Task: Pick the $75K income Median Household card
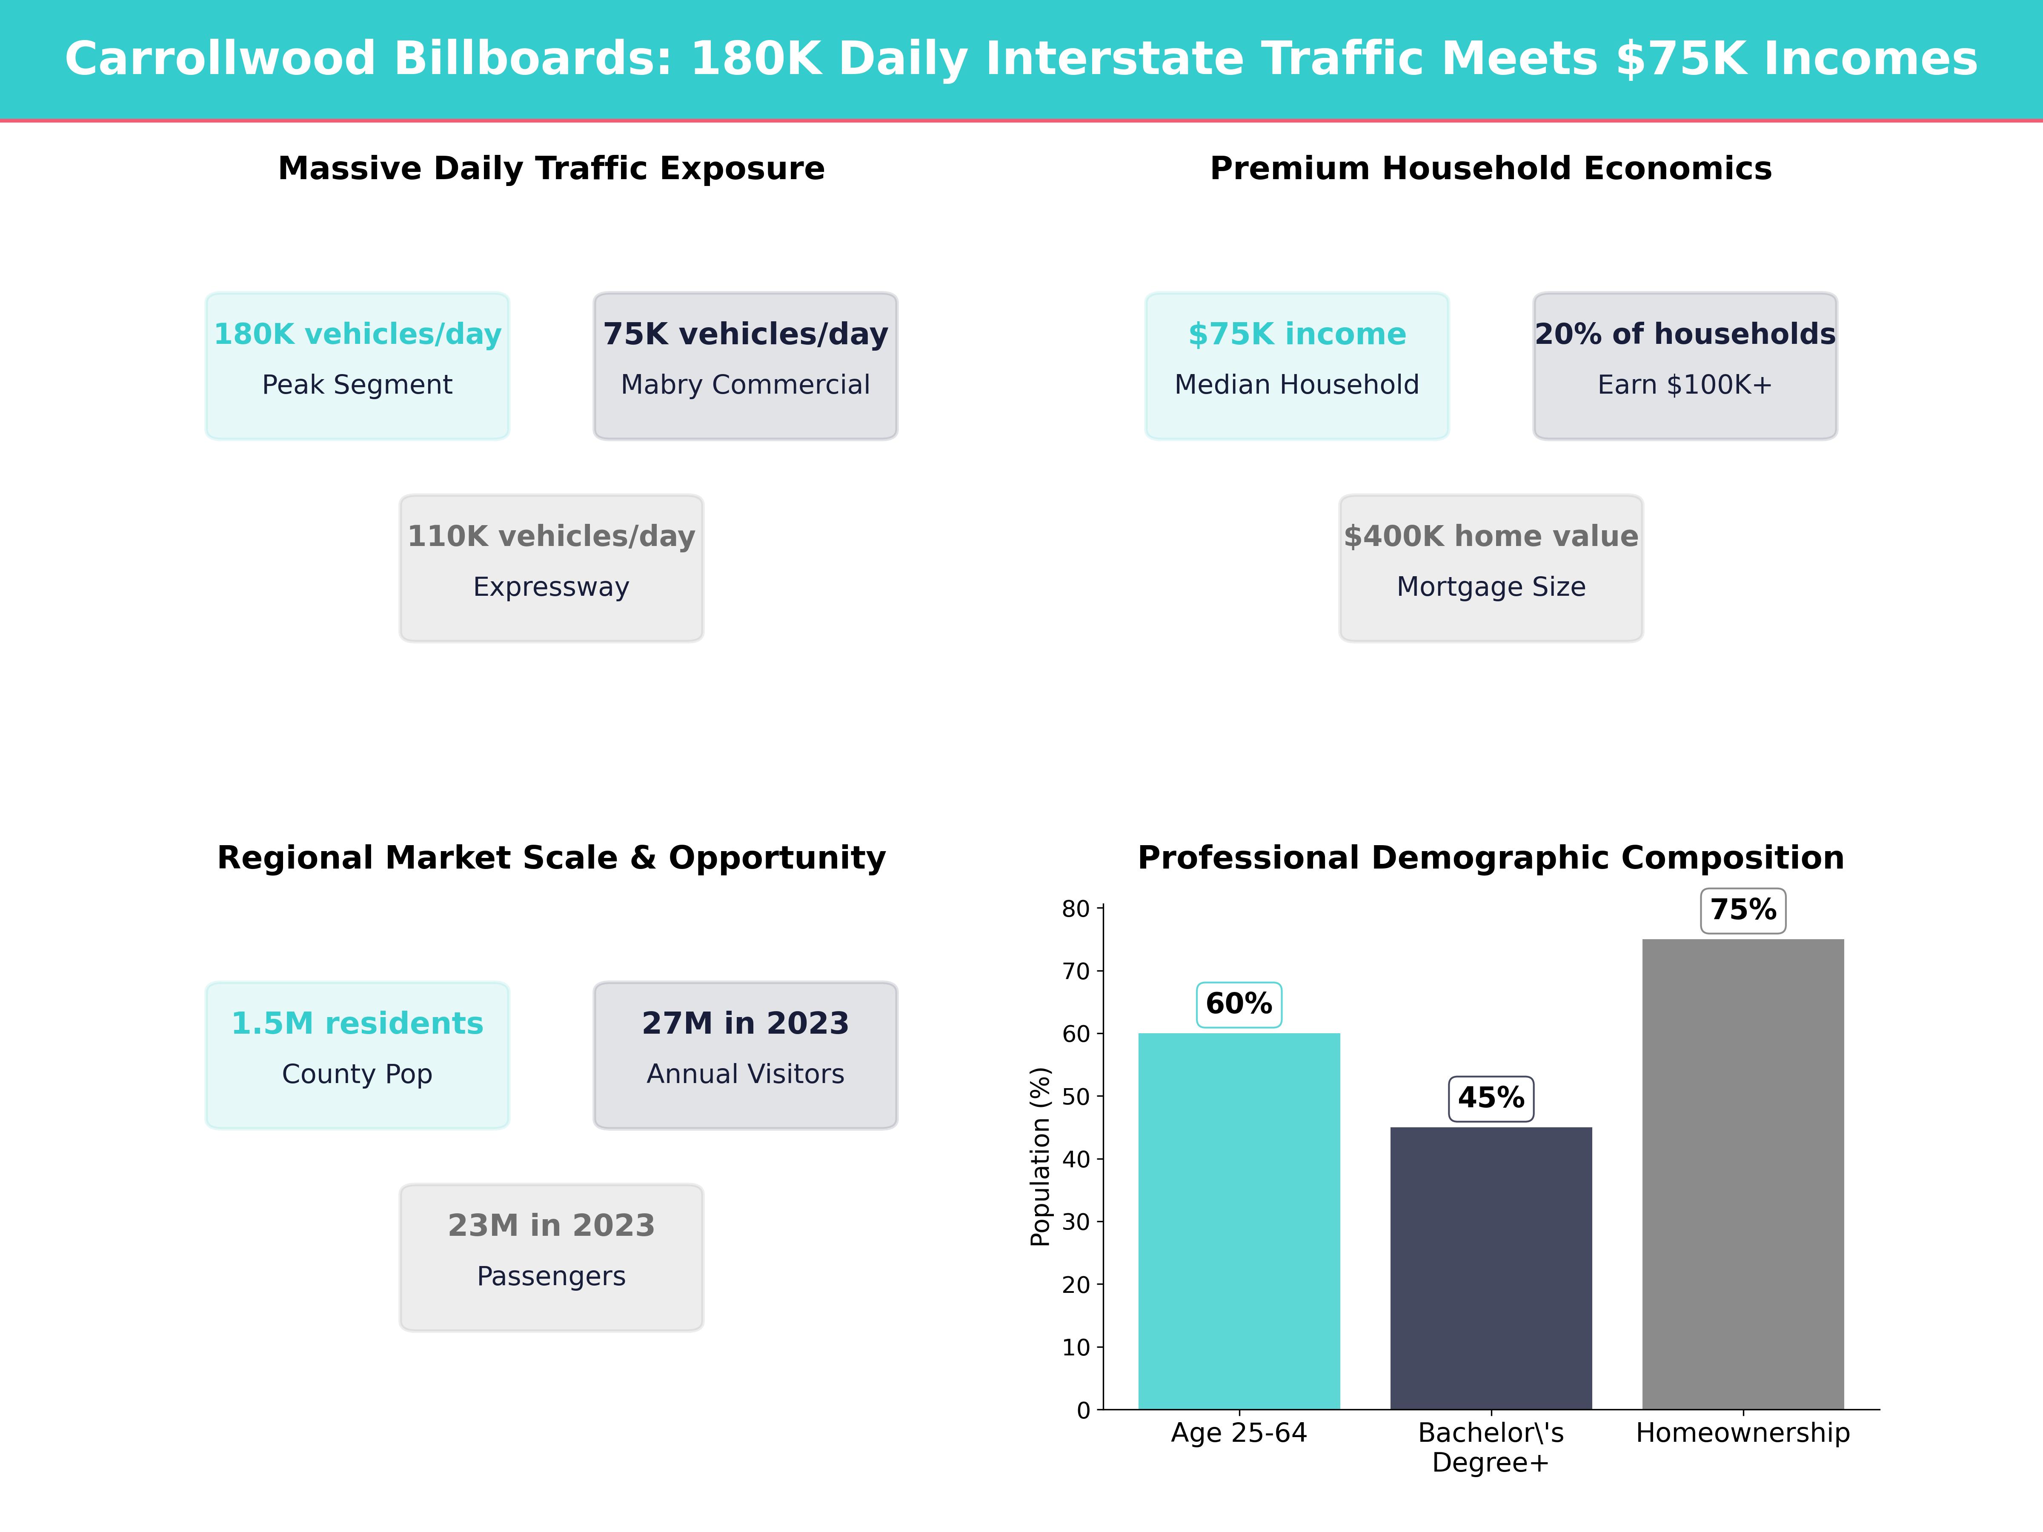[x=1297, y=366]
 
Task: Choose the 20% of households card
[x=1685, y=366]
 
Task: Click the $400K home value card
[x=1491, y=568]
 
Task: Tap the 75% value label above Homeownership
[x=1743, y=911]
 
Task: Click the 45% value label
[x=1491, y=1098]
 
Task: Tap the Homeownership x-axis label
[x=1743, y=1433]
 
